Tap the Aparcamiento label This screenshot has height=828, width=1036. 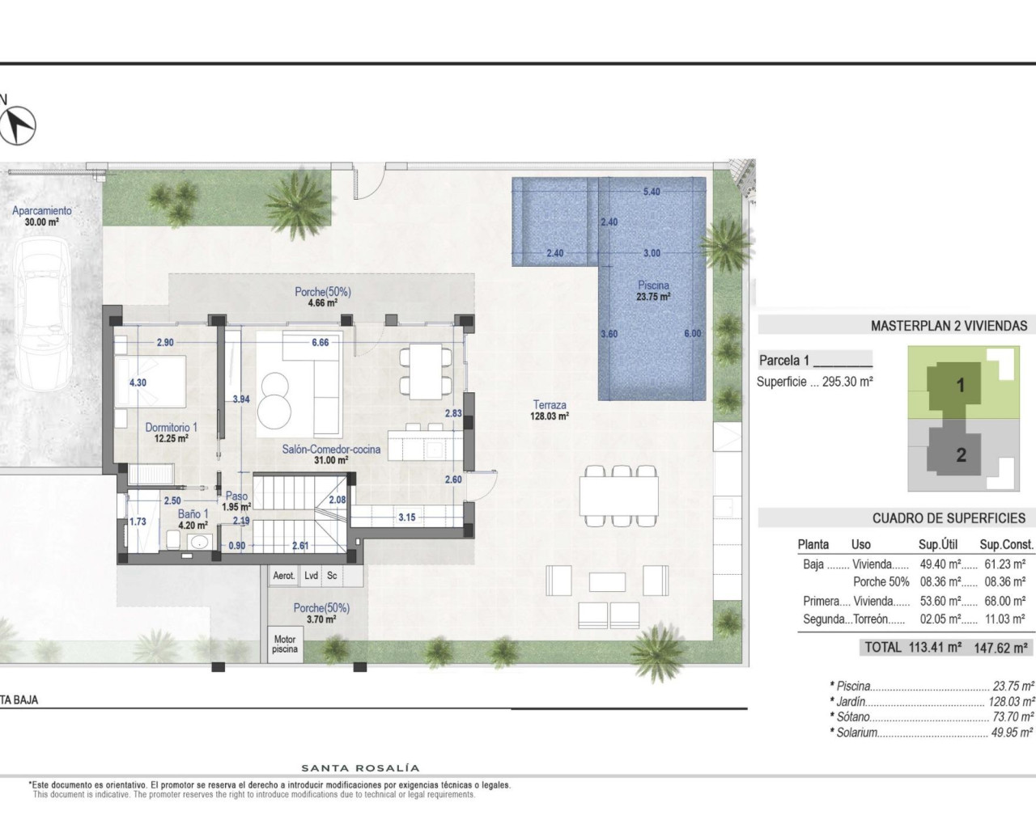(41, 216)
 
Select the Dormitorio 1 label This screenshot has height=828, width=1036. (171, 433)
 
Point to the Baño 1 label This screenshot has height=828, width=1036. (193, 518)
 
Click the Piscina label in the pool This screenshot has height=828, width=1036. (653, 290)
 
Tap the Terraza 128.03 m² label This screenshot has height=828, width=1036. (550, 410)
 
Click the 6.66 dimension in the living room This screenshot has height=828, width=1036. (321, 342)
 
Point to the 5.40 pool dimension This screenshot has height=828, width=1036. (652, 192)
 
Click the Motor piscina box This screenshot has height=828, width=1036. (285, 644)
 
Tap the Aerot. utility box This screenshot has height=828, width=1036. (284, 576)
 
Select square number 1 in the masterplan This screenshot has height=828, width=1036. (961, 385)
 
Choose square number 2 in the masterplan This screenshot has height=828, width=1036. (961, 454)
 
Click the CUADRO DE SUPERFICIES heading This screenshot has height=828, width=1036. (949, 518)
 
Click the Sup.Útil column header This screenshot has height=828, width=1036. (939, 544)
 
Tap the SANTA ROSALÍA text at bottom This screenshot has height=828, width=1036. (360, 768)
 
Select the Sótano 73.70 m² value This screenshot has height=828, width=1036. (1013, 717)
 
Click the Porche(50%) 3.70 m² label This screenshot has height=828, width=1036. (321, 613)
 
